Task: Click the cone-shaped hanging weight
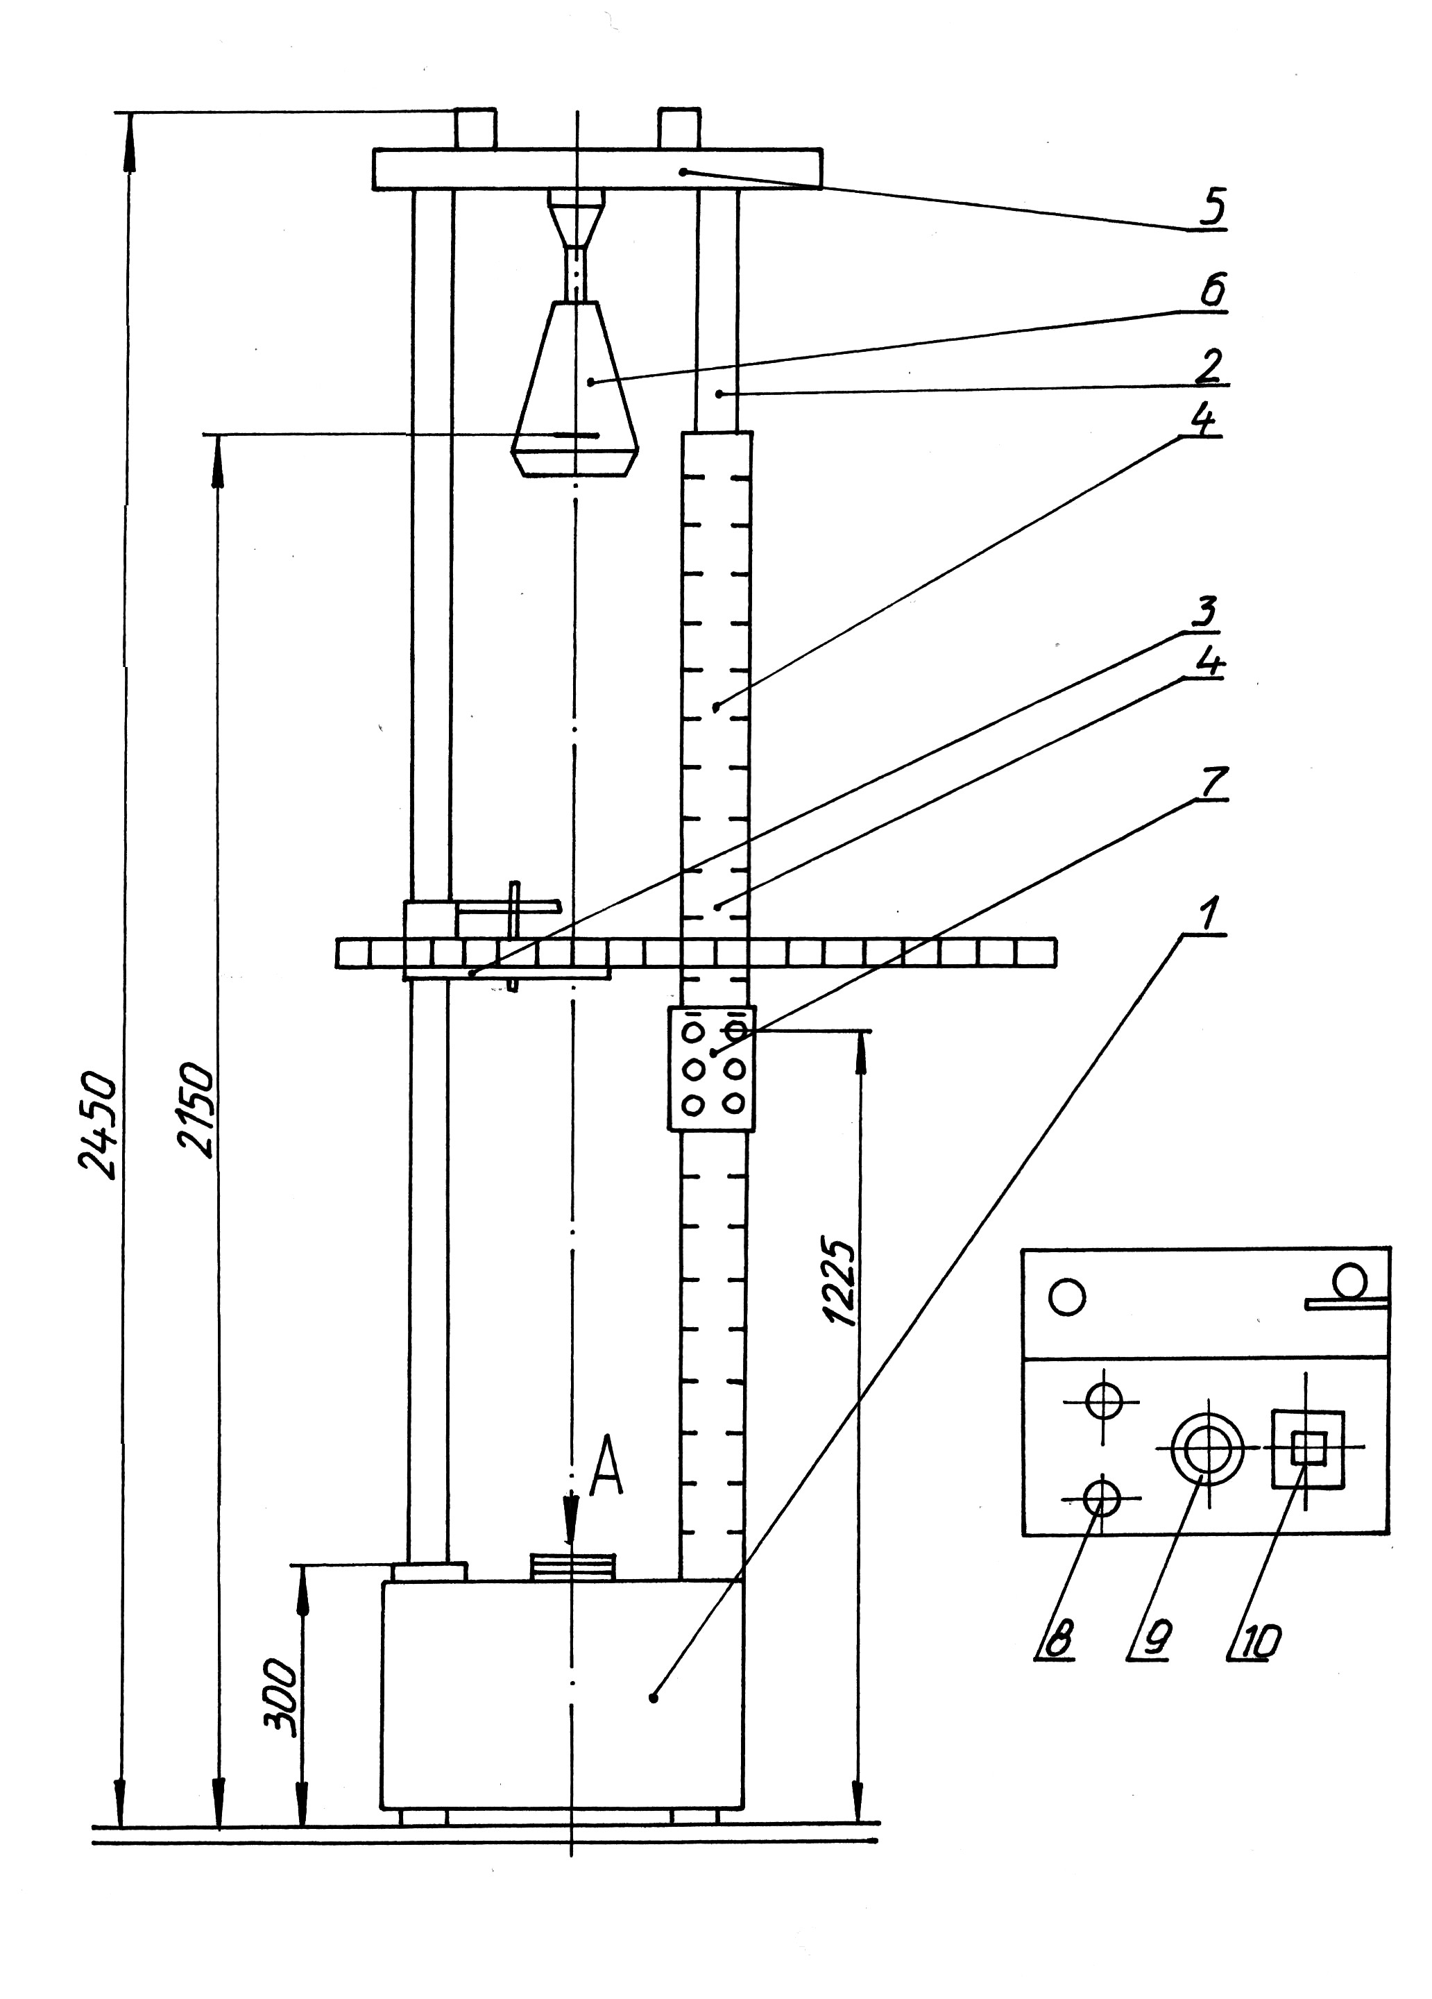[x=574, y=389]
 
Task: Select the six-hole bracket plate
[x=711, y=1068]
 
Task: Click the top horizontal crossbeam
[x=597, y=169]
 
